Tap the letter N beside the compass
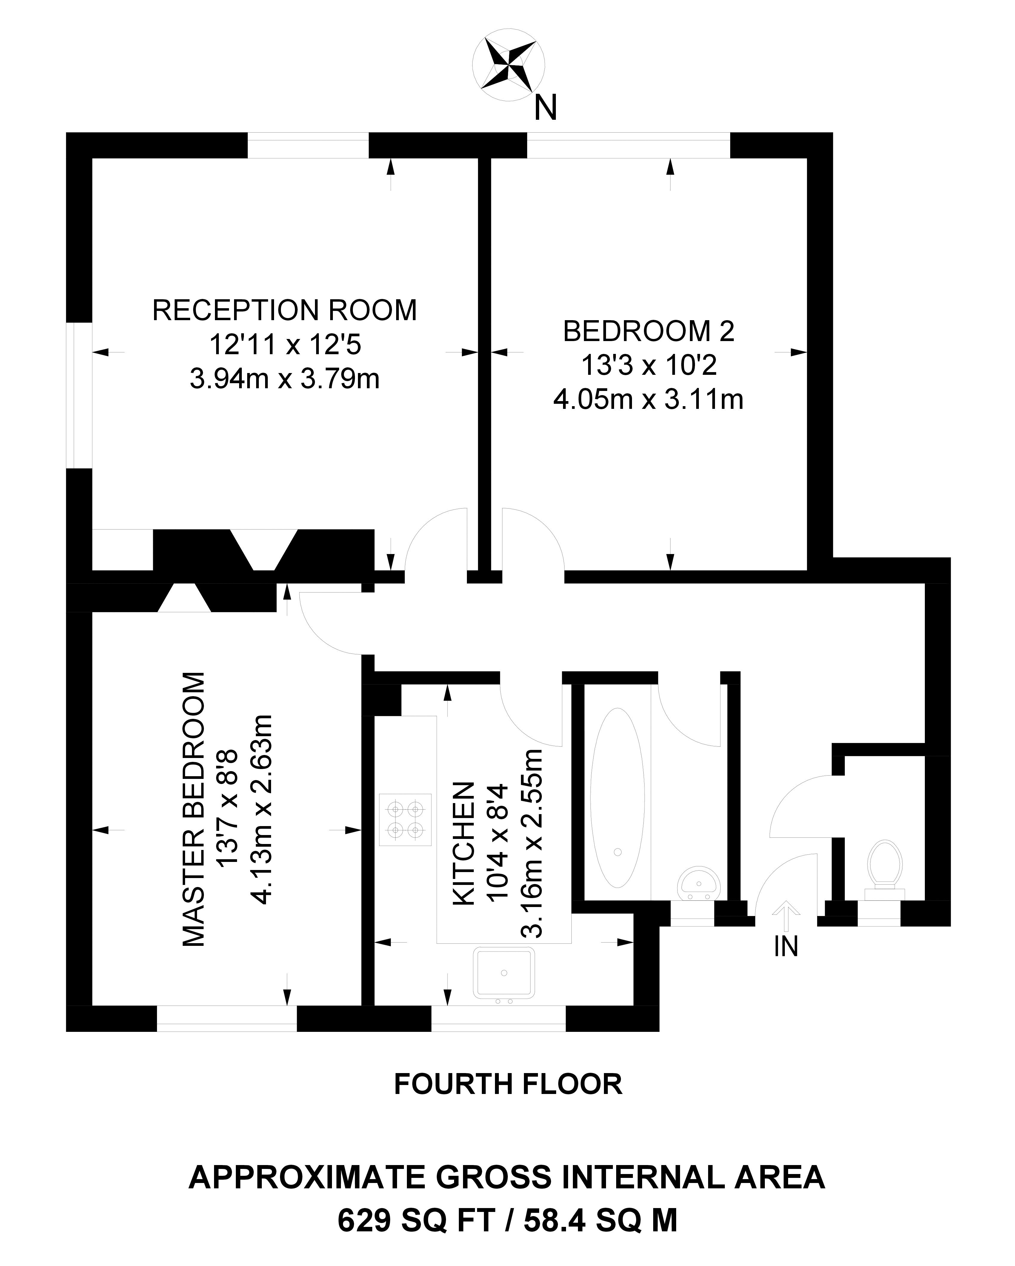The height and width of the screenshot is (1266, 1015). point(545,108)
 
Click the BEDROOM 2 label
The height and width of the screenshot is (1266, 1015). point(649,332)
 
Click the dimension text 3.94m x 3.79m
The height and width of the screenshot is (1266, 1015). point(285,379)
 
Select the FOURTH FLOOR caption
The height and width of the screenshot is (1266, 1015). point(508,1084)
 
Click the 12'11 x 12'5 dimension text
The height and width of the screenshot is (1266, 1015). point(285,345)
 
